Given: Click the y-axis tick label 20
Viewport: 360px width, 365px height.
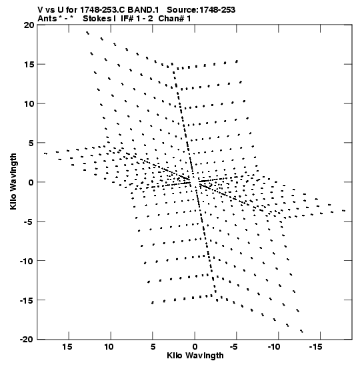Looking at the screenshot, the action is (x=29, y=25).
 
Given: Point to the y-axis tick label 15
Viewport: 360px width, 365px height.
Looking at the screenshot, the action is (x=29, y=64).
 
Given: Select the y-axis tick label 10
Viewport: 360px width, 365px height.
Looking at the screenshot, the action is (x=29, y=103).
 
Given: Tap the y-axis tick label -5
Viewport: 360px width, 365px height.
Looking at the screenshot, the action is (x=29, y=222).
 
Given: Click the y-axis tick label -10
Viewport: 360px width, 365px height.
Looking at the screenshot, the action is (x=27, y=261).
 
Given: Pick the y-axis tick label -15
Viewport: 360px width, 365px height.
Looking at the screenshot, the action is (x=27, y=300).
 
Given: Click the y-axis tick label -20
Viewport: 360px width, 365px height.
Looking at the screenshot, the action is (x=27, y=340).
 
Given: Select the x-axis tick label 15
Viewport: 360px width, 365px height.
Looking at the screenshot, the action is (x=67, y=347).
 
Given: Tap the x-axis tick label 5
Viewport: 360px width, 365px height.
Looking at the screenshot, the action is (x=153, y=347).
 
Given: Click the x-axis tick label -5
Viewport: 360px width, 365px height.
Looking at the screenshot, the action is (x=234, y=347).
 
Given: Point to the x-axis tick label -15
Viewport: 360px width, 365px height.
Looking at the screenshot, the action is (x=315, y=347).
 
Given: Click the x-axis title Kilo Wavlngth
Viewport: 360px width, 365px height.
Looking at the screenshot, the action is (x=195, y=356).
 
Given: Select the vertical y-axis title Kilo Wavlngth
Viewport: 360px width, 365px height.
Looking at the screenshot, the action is (x=13, y=181).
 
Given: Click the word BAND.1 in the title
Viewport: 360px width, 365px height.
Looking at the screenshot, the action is (x=143, y=10).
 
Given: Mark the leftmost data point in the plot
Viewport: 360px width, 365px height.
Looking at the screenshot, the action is (x=45, y=153).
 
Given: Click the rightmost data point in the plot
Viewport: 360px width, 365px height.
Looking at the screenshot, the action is (x=344, y=211).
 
